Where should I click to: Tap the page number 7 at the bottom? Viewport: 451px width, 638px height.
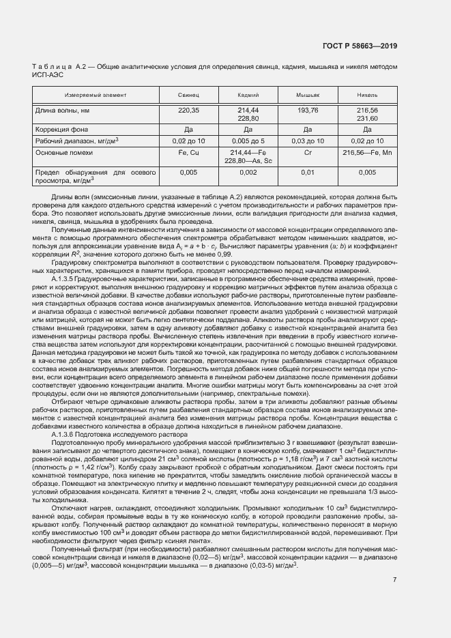[x=395, y=580]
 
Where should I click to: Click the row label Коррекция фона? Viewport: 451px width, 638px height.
[x=62, y=128]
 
